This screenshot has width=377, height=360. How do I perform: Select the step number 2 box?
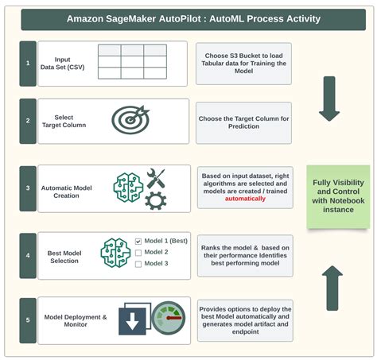tap(28, 121)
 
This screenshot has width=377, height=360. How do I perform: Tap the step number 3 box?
tap(28, 188)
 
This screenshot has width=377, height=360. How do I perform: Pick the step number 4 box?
tap(28, 255)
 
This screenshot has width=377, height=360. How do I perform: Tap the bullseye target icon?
tap(130, 120)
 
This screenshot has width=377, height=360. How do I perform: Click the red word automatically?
tap(244, 199)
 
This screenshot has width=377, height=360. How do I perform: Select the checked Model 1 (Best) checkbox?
tap(138, 241)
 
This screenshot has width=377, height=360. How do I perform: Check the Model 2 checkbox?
tap(138, 253)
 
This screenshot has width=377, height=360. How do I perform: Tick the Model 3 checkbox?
tap(138, 265)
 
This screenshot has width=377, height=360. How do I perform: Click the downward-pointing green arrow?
tap(328, 100)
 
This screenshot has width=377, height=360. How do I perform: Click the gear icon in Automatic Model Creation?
tap(155, 200)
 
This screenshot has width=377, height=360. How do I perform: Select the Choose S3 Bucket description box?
tap(243, 59)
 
